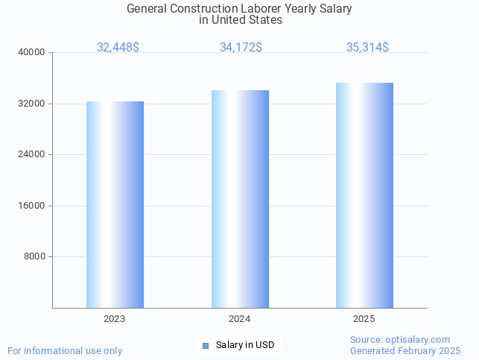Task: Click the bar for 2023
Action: click(x=115, y=205)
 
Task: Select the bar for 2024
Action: click(x=240, y=199)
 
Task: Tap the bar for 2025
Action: click(x=364, y=195)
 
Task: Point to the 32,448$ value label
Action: click(x=118, y=47)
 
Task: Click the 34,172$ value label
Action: click(x=241, y=47)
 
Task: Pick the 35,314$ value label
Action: click(x=367, y=47)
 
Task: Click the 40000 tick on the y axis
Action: click(x=33, y=52)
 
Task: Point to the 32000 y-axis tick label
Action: click(x=33, y=104)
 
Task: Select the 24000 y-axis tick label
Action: click(x=33, y=154)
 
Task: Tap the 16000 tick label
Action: click(x=33, y=206)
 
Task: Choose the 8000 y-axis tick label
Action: click(x=35, y=256)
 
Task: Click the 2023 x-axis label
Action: click(x=115, y=318)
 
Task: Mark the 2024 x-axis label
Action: click(x=240, y=318)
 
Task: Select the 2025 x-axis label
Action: click(x=364, y=318)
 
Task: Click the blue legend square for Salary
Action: click(x=206, y=345)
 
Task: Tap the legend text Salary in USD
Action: click(x=245, y=345)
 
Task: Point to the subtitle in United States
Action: click(x=240, y=20)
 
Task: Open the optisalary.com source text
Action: click(x=400, y=339)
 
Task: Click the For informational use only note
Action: click(x=65, y=350)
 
